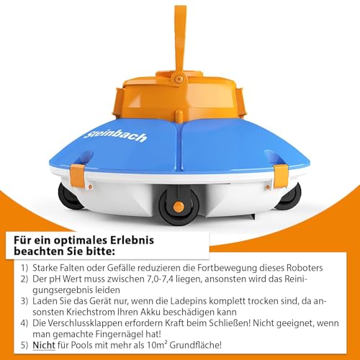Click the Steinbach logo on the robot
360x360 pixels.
[x=115, y=136]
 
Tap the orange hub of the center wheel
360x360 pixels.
[x=179, y=207]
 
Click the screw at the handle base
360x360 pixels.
[x=178, y=78]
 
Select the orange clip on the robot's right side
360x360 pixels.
[x=280, y=176]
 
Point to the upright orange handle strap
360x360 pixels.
[x=180, y=41]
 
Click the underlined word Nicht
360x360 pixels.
[x=44, y=345]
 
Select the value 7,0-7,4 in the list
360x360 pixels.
[x=159, y=279]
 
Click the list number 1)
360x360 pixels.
[x=24, y=268]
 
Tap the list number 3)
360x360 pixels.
[x=24, y=301]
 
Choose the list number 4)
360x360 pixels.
[x=24, y=323]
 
